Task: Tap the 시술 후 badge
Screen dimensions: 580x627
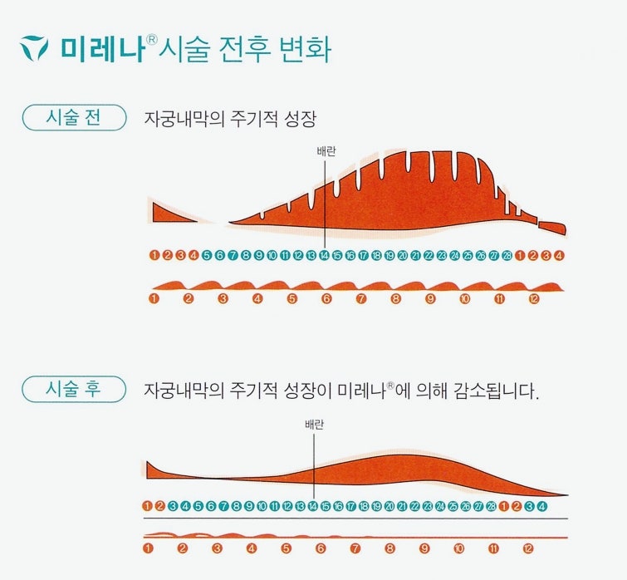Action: point(72,388)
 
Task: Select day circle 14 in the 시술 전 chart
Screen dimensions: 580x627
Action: point(324,255)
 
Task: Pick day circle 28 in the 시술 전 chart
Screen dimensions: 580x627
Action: point(507,255)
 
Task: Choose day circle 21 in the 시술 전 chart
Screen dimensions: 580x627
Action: point(415,255)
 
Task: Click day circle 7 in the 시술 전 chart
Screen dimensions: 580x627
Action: point(233,255)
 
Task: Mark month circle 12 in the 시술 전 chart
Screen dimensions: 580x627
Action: point(533,298)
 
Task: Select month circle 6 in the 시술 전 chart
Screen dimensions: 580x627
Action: point(326,298)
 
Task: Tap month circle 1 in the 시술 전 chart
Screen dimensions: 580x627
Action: point(154,298)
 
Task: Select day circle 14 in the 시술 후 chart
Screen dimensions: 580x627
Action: point(312,505)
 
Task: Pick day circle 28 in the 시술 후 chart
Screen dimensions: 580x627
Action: point(491,505)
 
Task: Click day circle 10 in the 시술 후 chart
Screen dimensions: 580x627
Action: point(262,505)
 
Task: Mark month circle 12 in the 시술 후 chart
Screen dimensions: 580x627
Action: point(527,548)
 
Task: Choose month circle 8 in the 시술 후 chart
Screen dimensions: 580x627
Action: point(389,548)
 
